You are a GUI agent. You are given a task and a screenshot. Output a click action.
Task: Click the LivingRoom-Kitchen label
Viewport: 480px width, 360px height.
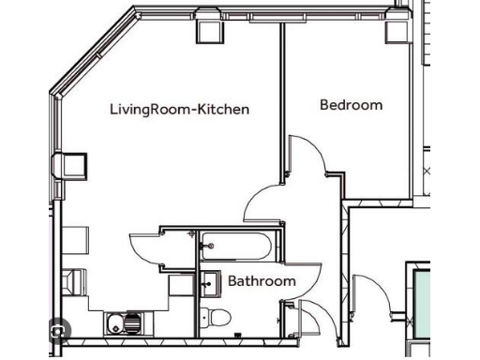(x=179, y=110)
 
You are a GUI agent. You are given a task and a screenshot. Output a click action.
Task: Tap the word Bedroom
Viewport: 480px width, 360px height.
(x=352, y=105)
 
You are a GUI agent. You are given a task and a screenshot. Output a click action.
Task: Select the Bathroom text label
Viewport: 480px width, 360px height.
(x=262, y=280)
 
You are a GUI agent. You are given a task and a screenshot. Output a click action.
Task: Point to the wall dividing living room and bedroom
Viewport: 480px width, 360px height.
(x=281, y=103)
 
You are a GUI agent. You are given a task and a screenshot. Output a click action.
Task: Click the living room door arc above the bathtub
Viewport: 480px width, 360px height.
(x=264, y=202)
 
